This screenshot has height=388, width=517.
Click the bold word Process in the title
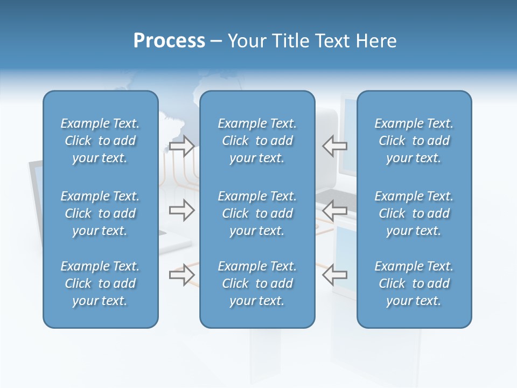[169, 41]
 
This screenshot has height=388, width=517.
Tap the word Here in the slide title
[376, 41]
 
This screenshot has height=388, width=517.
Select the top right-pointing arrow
[181, 145]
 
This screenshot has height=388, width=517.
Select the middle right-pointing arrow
[181, 210]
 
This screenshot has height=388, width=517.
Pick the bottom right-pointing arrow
[181, 275]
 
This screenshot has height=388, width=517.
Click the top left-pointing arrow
[335, 145]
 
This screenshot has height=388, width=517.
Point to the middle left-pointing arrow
[335, 210]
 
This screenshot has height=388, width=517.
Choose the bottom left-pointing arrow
[335, 275]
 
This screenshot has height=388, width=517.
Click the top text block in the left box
[100, 141]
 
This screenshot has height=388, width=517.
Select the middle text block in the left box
[100, 213]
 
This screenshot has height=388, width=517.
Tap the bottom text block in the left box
[100, 283]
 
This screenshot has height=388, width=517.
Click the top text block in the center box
[257, 141]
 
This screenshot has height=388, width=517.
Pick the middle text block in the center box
[257, 213]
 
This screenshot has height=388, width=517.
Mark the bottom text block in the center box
[257, 283]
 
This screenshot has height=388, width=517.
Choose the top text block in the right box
[414, 141]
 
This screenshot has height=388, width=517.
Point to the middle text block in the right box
[414, 213]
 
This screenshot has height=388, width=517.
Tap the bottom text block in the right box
[414, 283]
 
